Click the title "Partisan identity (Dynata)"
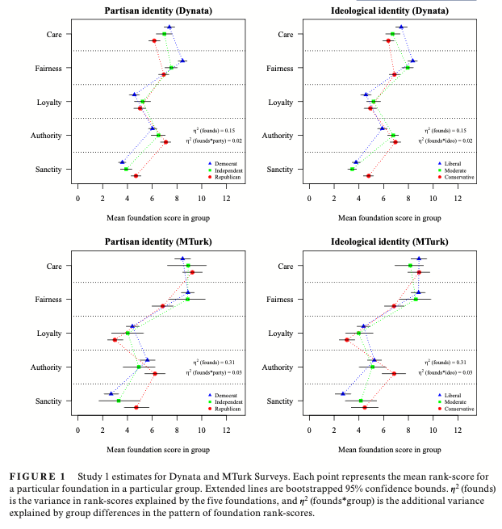click(x=153, y=10)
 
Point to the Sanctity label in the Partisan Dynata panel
click(x=50, y=170)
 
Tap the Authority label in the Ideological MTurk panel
click(x=280, y=367)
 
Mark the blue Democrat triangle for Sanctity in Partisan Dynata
click(x=123, y=162)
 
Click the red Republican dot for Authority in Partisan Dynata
click(x=166, y=142)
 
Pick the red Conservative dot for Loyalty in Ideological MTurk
click(x=347, y=340)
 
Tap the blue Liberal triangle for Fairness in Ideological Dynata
click(x=413, y=61)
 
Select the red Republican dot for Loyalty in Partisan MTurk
click(x=115, y=340)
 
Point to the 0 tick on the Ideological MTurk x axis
click(x=309, y=429)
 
